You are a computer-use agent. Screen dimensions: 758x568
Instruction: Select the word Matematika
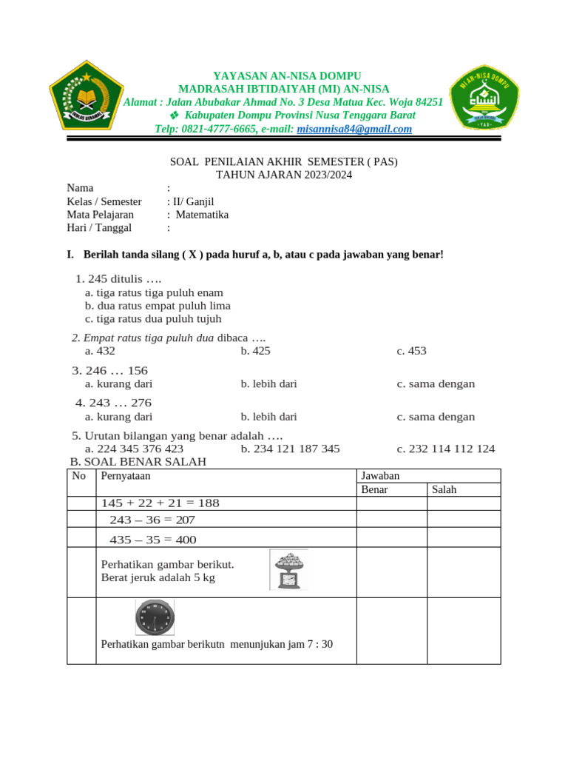pyautogui.click(x=202, y=215)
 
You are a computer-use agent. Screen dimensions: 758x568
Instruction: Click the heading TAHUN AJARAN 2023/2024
pyautogui.click(x=284, y=175)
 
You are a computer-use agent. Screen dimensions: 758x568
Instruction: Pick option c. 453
pyautogui.click(x=411, y=351)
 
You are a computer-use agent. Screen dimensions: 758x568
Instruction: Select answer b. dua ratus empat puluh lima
pyautogui.click(x=158, y=306)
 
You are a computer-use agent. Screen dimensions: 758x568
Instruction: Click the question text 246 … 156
pyautogui.click(x=109, y=370)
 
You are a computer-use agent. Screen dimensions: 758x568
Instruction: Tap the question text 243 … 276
pyautogui.click(x=113, y=403)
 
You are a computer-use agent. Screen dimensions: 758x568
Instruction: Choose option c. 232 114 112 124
pyautogui.click(x=445, y=449)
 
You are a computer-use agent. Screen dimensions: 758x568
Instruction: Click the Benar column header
pyautogui.click(x=373, y=489)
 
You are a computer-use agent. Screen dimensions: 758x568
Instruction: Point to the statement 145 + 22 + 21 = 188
pyautogui.click(x=160, y=503)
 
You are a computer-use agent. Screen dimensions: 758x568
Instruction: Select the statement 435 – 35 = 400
pyautogui.click(x=152, y=540)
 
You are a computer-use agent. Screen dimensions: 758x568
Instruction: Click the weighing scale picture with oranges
pyautogui.click(x=288, y=569)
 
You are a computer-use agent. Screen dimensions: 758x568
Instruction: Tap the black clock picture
pyautogui.click(x=155, y=617)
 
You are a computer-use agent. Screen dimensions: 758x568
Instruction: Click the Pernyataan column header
pyautogui.click(x=125, y=475)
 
